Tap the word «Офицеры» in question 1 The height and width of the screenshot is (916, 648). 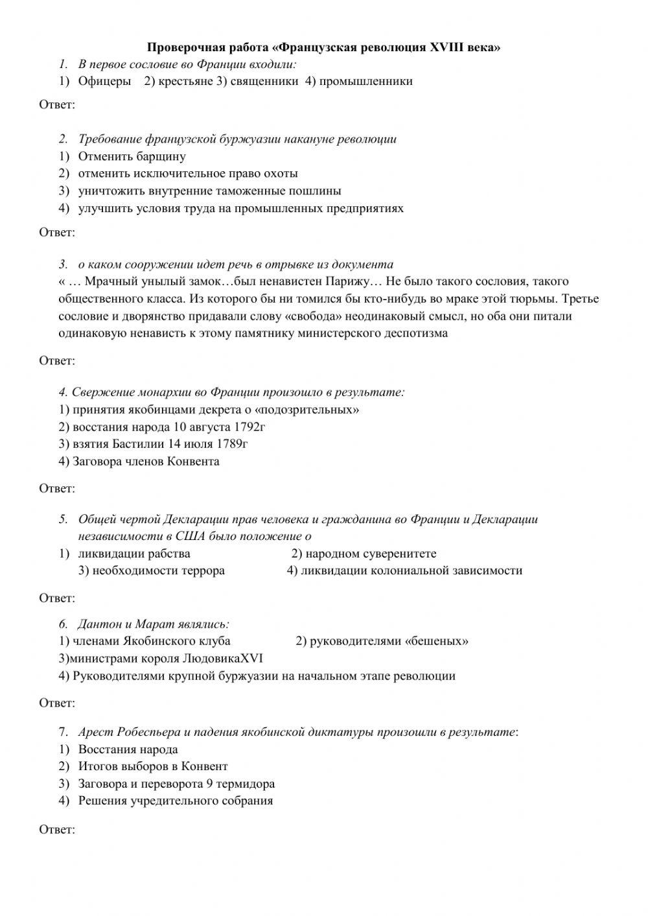point(104,82)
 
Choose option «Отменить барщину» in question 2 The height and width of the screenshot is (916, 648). point(132,156)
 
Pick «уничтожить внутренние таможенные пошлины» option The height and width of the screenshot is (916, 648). point(209,191)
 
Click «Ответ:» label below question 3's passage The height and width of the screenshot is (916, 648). point(57,360)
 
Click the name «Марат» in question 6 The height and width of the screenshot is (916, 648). point(155,624)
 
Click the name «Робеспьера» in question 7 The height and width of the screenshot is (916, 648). point(149,733)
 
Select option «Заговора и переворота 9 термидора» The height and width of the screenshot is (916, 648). point(176,784)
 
